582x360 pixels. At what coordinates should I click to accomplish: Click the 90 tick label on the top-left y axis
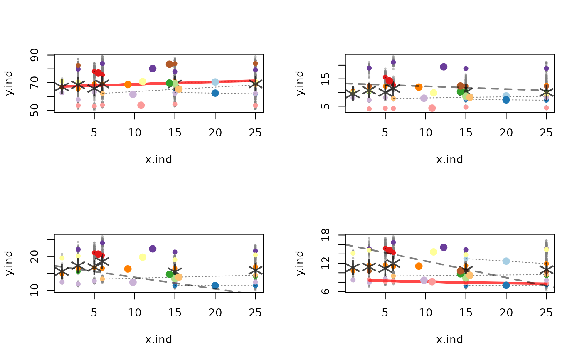coord(35,55)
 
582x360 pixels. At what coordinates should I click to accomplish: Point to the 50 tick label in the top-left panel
coord(35,110)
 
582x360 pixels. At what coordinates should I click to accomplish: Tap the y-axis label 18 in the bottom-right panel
coord(326,235)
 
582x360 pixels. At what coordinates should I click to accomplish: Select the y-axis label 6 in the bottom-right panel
coord(326,291)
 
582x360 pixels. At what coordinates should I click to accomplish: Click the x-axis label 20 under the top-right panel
coord(506,133)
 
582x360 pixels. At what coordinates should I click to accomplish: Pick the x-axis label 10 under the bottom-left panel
coord(134,313)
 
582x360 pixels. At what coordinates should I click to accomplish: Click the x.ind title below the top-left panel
coord(158,160)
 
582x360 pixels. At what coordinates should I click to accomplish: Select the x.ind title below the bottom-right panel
coord(449,340)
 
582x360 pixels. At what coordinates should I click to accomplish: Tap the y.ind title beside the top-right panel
coord(300,83)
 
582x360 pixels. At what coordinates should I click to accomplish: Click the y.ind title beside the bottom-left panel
coord(9,263)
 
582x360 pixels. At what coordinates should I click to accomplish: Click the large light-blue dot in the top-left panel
coord(215,82)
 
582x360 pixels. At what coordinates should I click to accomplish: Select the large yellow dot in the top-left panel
coord(142,81)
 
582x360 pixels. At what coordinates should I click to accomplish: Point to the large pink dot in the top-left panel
coord(141,105)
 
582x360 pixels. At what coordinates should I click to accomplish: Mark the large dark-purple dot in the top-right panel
coord(444,67)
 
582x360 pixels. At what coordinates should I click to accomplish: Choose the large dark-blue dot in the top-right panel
coord(506,100)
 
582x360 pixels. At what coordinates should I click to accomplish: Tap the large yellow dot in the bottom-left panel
coord(142,257)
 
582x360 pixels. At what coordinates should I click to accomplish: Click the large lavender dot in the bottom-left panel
coord(133,282)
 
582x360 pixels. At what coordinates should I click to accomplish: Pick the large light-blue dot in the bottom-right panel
coord(506,261)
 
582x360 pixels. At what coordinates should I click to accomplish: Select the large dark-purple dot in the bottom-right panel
coord(444,247)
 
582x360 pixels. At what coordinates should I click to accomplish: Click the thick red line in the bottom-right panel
coord(458,282)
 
